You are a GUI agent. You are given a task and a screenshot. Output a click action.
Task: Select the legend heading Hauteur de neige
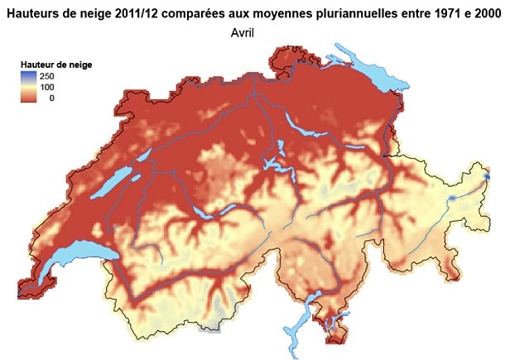55,63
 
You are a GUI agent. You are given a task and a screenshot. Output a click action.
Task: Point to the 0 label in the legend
51,98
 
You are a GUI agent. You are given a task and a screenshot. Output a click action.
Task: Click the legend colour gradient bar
29,86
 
